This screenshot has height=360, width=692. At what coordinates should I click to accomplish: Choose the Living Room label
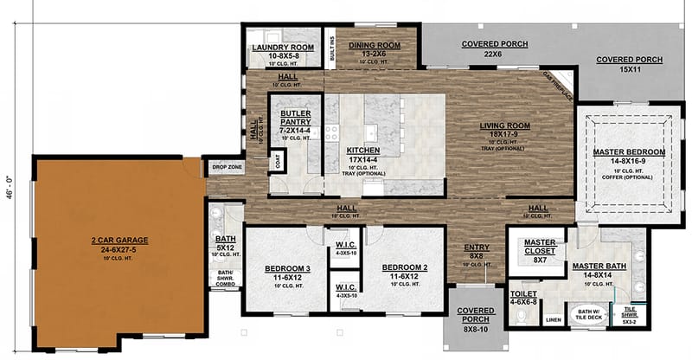click(x=505, y=131)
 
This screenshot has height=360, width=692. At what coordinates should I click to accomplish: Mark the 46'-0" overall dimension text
click(x=10, y=183)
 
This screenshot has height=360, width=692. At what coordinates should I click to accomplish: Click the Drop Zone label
click(x=227, y=166)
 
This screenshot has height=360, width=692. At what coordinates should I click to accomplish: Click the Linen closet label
click(x=553, y=319)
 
